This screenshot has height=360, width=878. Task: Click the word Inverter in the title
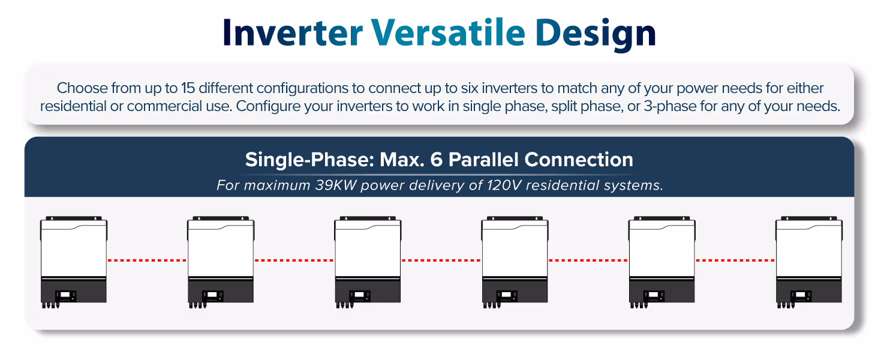pos(293,33)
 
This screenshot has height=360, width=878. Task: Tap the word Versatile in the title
pos(448,32)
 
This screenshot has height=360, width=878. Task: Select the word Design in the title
pos(596,35)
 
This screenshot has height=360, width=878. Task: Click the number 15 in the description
pos(188,88)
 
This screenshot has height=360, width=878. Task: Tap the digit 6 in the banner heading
pos(436,160)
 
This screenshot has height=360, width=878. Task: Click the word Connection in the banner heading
pos(579,160)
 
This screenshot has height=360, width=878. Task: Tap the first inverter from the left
pos(74,262)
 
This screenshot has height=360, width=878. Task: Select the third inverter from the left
pos(368,262)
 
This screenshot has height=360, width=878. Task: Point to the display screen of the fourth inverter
pos(506,295)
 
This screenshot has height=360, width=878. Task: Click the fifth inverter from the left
pos(661,262)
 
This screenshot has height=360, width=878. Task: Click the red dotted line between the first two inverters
pos(147,260)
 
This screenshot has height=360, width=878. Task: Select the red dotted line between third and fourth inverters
pos(441,260)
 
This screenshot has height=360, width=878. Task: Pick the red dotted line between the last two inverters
pos(735,260)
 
